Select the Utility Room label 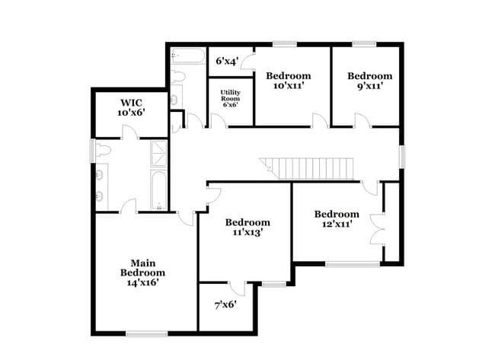230,97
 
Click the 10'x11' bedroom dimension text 288,87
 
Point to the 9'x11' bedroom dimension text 370,87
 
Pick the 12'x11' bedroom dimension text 337,225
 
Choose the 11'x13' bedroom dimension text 247,234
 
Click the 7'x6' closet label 225,304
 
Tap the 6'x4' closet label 227,61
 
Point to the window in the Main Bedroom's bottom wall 146,333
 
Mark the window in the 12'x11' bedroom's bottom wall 352,264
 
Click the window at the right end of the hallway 403,155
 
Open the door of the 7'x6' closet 237,288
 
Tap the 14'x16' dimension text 142,282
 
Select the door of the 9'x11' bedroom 362,120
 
